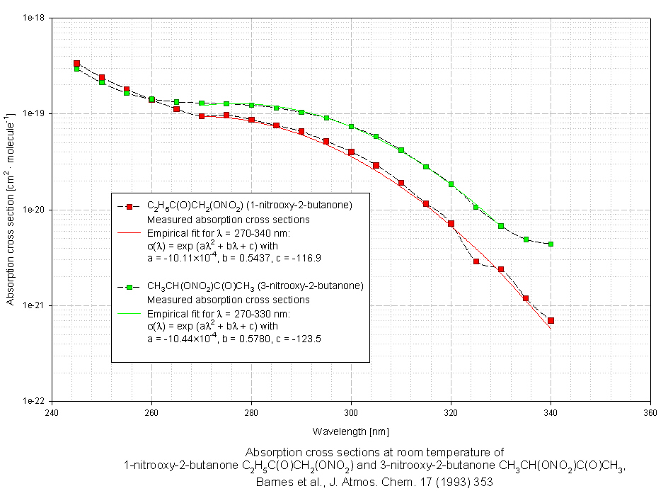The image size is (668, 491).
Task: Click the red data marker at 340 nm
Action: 551,321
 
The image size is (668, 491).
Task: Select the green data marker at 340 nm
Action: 551,244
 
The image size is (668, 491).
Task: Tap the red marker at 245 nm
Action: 76,64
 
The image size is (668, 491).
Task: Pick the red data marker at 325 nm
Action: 476,261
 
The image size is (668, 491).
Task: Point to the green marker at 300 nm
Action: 351,127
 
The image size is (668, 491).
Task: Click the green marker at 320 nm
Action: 451,184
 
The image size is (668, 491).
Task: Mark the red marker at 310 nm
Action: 401,183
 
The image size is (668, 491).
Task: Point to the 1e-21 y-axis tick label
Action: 34,305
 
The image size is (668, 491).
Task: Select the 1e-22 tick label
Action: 34,401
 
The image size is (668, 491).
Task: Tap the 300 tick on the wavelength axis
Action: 351,412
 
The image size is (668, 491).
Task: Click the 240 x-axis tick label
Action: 52,412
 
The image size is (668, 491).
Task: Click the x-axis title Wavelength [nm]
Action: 351,431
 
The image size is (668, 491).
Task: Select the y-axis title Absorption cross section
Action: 11,210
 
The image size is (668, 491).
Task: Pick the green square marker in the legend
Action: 130,287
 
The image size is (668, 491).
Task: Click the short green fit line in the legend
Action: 130,313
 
